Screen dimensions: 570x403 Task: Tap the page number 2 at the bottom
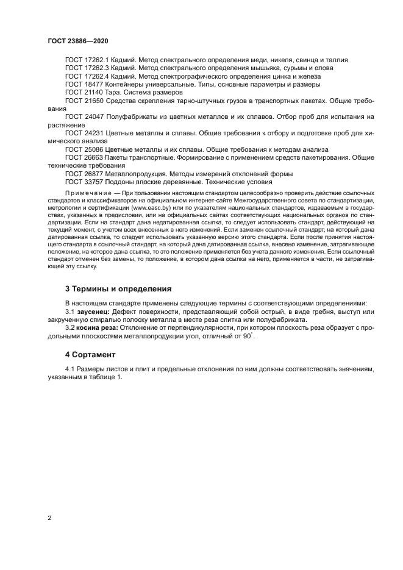point(49,518)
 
